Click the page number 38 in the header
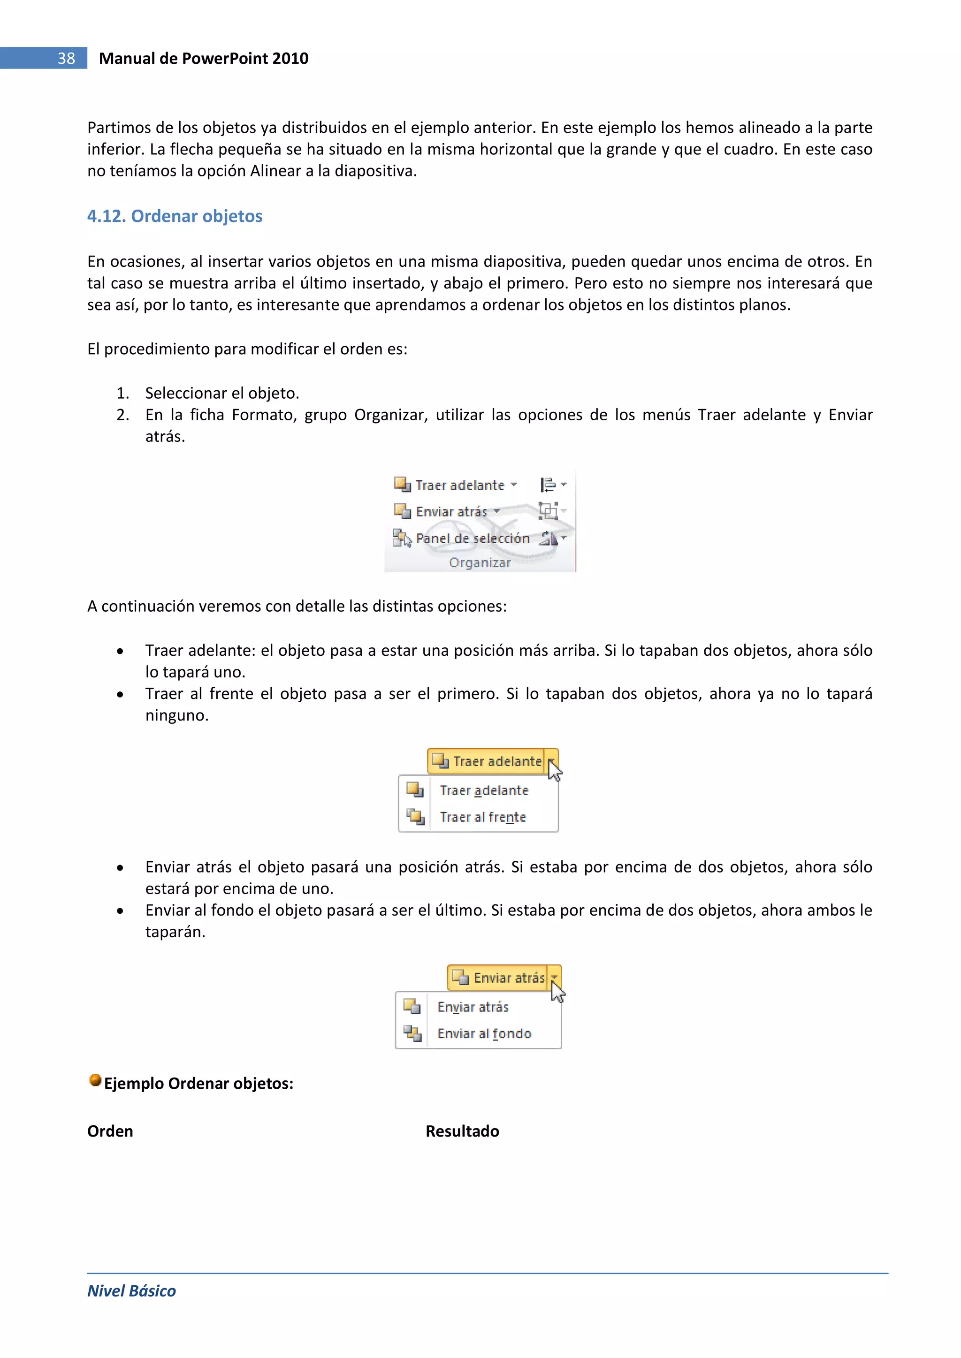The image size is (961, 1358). point(66,59)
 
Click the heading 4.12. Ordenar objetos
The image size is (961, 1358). point(175,216)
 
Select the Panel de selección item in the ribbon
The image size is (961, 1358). point(472,538)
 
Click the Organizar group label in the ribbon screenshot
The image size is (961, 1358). point(479,562)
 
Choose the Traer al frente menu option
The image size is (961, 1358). point(483,818)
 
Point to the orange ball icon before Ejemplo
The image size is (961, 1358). point(95,1080)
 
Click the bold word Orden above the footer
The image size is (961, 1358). point(110,1131)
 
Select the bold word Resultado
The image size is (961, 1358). point(462,1131)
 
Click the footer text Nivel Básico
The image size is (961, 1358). point(131,1291)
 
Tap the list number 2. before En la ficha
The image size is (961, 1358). point(122,415)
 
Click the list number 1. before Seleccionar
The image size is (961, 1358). point(122,393)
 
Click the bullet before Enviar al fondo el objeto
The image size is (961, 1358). point(120,911)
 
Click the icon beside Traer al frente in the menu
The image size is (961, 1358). point(415,817)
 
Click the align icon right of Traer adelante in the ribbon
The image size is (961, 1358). point(549,485)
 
